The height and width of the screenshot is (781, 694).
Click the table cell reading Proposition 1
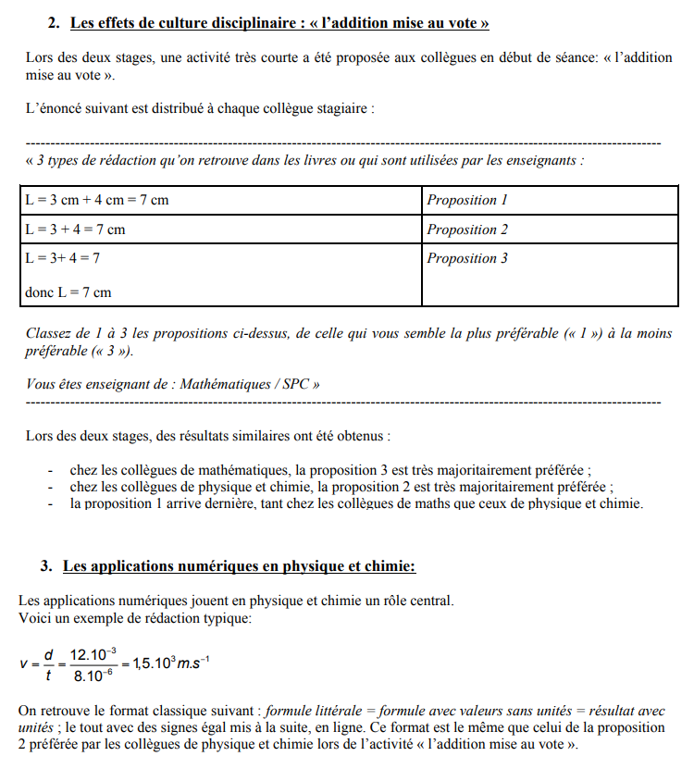click(467, 200)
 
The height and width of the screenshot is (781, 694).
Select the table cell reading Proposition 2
click(467, 229)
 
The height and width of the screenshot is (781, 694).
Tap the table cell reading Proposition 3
click(467, 258)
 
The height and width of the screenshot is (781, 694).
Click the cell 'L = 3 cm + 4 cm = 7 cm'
click(96, 200)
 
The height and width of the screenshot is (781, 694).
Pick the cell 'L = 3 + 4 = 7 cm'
click(75, 229)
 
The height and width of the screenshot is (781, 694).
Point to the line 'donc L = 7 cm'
click(68, 292)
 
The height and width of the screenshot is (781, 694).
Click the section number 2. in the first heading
click(54, 20)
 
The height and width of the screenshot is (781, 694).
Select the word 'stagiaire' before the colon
click(341, 108)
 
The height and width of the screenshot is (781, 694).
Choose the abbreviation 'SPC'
click(294, 384)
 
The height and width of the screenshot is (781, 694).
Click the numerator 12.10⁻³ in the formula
click(93, 654)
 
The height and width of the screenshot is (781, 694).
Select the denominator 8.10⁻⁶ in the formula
click(93, 676)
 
